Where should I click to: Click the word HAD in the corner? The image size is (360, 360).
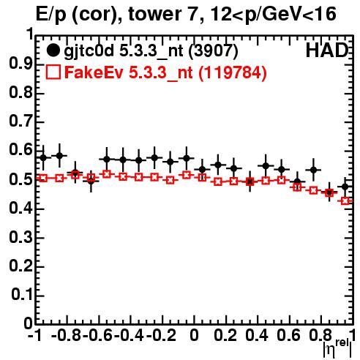tap(326, 50)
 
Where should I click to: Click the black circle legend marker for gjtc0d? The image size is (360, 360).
tap(53, 50)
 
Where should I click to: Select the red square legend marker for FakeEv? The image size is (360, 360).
tap(53, 72)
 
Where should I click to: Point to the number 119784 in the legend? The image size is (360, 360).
tap(233, 72)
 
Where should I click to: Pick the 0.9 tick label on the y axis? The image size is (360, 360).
tap(20, 64)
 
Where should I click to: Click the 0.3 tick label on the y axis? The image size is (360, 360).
tap(20, 237)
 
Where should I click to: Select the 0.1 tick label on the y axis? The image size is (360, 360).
tap(21, 295)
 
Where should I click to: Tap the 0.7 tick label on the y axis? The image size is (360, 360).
tap(20, 121)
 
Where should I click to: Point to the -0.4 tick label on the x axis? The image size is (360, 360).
tap(129, 336)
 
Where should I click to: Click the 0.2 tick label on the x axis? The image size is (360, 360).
tap(225, 336)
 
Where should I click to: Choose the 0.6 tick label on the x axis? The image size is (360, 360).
tap(288, 336)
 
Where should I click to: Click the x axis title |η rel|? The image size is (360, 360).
tap(337, 348)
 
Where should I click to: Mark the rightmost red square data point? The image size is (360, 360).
tap(345, 201)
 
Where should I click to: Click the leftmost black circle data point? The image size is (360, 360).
tap(43, 158)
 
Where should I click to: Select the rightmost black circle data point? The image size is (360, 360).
tap(345, 187)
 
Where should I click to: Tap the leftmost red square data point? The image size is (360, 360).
tap(43, 178)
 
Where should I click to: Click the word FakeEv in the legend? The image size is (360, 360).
tap(94, 72)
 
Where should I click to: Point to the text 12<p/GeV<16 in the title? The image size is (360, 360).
tap(273, 15)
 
